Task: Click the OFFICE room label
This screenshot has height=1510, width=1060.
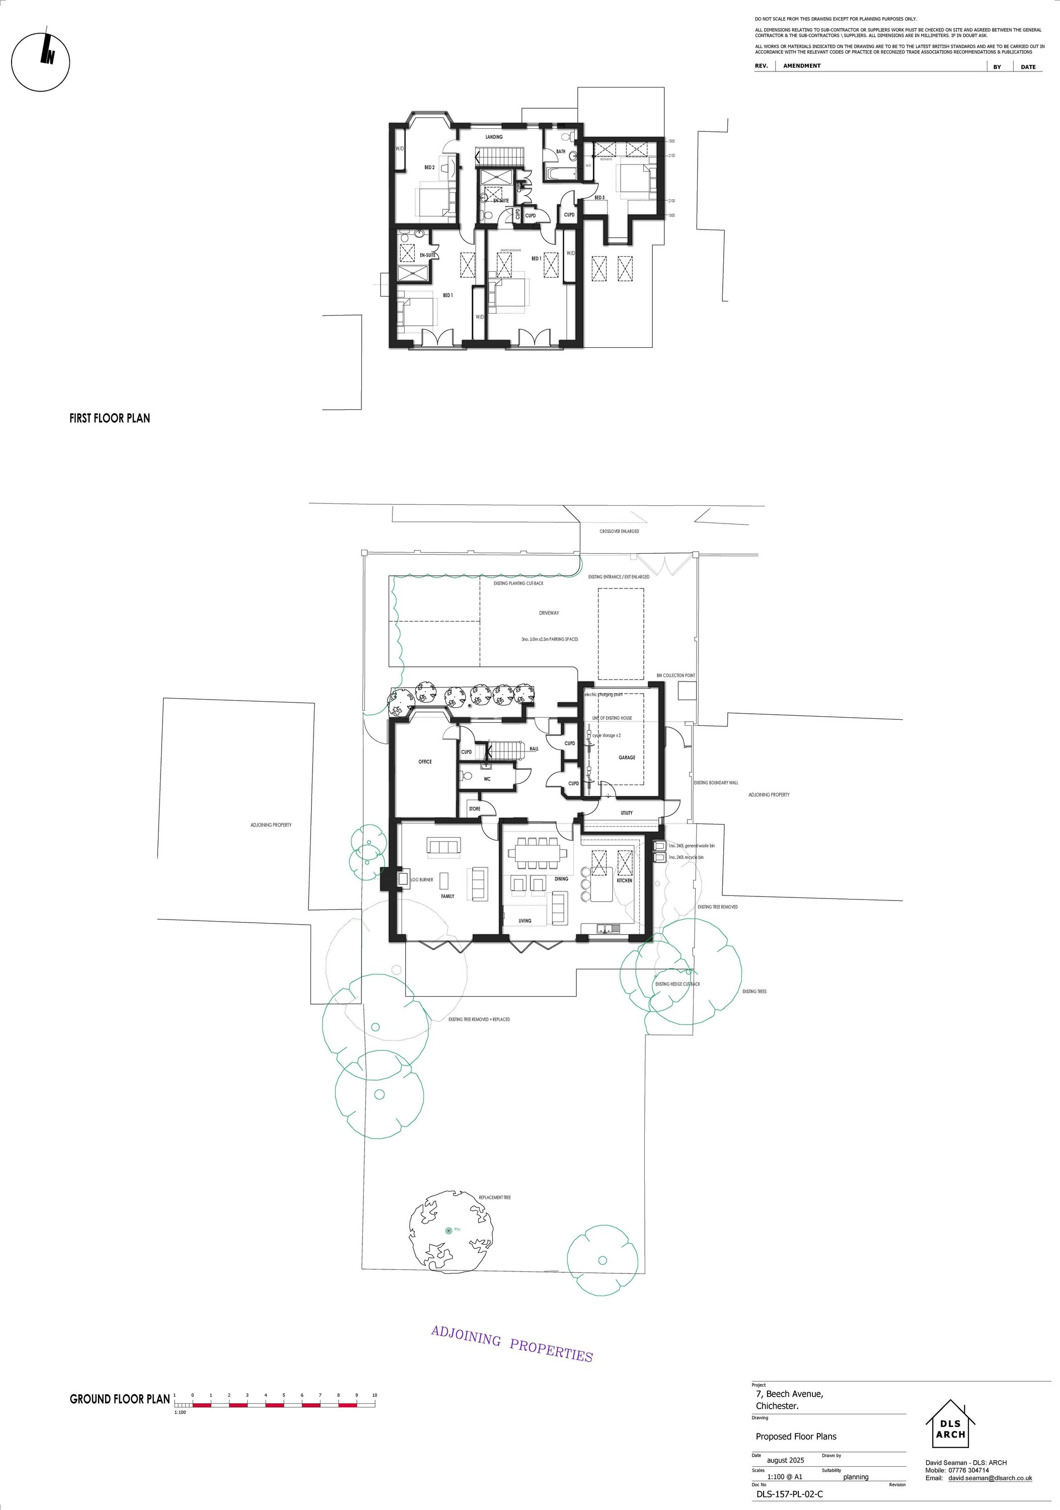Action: point(425,762)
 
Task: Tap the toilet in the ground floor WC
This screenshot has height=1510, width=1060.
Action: point(466,776)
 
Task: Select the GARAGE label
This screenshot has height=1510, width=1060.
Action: point(627,758)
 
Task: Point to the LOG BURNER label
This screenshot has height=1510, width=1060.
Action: point(421,879)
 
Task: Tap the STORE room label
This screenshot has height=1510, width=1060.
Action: point(474,809)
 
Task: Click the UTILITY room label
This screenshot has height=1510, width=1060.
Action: point(627,813)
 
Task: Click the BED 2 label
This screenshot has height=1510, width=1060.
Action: point(429,168)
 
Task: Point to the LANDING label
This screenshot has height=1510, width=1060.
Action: point(494,137)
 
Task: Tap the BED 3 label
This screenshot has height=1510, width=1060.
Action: point(599,197)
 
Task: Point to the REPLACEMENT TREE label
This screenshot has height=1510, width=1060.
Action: point(494,1197)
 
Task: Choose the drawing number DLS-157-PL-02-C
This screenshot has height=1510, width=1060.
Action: point(789,1493)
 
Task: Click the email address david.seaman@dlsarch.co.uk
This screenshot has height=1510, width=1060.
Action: point(990,1478)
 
